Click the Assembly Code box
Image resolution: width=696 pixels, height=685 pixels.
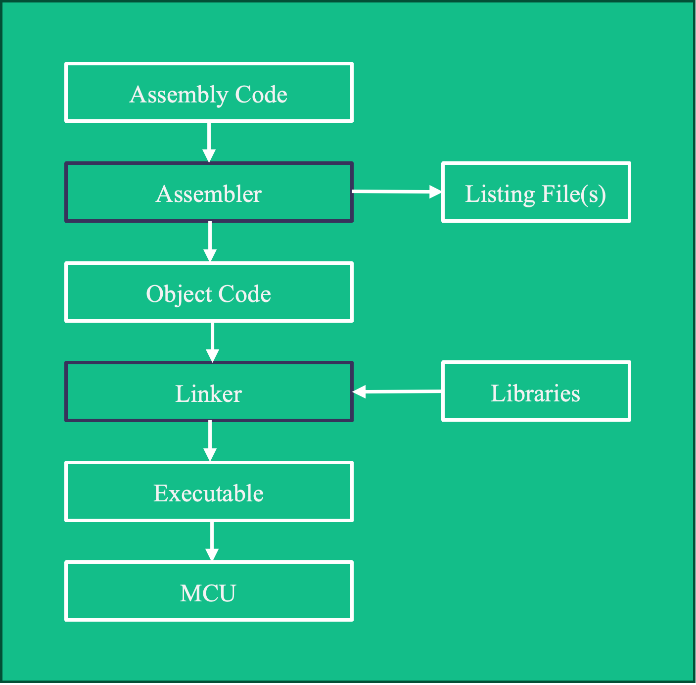pyautogui.click(x=209, y=93)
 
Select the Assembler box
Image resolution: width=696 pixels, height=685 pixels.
pyautogui.click(x=209, y=193)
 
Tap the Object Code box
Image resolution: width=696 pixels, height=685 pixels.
pyautogui.click(x=209, y=293)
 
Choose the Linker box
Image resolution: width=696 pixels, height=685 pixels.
pyautogui.click(x=209, y=392)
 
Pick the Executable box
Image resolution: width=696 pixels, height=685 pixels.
pyautogui.click(x=209, y=492)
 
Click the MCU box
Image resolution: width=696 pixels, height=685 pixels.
pyautogui.click(x=209, y=591)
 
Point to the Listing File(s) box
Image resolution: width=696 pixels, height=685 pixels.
pyautogui.click(x=536, y=193)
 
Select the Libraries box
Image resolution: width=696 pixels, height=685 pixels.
pyautogui.click(x=536, y=391)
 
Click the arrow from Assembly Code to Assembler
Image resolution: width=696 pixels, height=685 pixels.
pyautogui.click(x=209, y=142)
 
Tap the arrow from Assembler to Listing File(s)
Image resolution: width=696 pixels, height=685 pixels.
pyautogui.click(x=396, y=192)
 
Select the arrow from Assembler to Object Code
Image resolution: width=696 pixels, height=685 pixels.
pyautogui.click(x=210, y=241)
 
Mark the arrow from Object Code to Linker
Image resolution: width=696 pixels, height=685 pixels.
pyautogui.click(x=212, y=342)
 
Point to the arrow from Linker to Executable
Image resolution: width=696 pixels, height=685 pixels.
pyautogui.click(x=210, y=440)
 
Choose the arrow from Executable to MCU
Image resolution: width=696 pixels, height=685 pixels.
pyautogui.click(x=212, y=540)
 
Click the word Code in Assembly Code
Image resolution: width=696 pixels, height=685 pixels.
pyautogui.click(x=261, y=94)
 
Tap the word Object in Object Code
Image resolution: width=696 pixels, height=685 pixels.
pyautogui.click(x=179, y=294)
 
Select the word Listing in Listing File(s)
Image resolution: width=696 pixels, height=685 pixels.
pyautogui.click(x=500, y=194)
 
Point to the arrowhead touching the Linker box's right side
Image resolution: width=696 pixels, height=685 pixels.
pyautogui.click(x=359, y=392)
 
